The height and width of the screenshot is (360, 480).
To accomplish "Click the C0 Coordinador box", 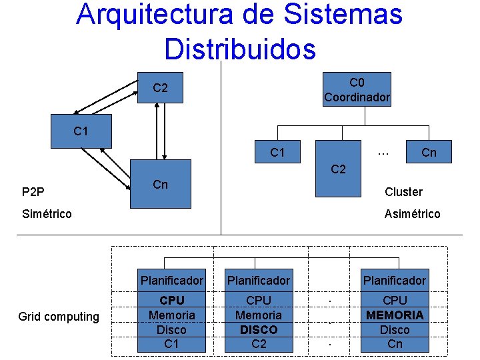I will pos(357,90).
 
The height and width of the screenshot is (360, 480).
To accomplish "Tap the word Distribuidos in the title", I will pos(239,48).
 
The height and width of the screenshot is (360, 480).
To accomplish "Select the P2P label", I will pos(33,193).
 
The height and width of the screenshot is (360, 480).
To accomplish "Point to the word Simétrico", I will pos(47,214).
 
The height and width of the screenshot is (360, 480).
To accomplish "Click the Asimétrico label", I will pos(412,214).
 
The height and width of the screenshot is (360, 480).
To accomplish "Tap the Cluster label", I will pos(403,192).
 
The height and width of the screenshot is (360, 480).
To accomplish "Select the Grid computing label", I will pos(59,317).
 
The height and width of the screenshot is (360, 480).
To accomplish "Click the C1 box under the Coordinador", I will pos(278,153).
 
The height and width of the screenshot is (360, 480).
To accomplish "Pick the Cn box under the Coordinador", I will pos(429,153).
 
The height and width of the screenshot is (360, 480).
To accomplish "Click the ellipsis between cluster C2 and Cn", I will pos(383,153).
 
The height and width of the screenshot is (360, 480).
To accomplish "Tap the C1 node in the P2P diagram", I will pos(80,131).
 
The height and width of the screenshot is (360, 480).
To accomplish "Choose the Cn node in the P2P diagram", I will pos(160,184).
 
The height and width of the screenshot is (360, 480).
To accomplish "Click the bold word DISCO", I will pos(259,329).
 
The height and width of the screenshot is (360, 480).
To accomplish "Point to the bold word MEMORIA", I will pos(395,315).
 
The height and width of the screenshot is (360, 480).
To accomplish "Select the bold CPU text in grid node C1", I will pos(172,300).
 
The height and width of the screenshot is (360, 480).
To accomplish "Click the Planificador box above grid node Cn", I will pos(395,280).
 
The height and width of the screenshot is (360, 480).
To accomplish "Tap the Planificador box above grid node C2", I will pos(259,280).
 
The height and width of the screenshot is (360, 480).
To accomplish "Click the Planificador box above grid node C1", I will pos(172,280).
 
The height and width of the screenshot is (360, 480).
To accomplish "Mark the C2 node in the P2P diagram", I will pos(160,88).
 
